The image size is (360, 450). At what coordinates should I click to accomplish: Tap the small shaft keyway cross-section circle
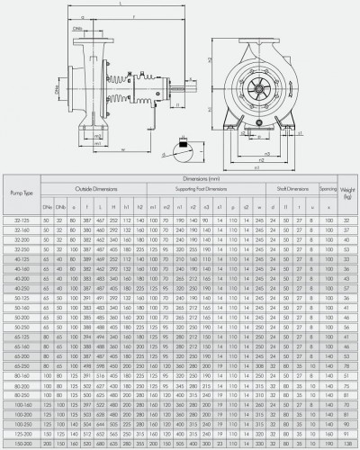click(x=185, y=141)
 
